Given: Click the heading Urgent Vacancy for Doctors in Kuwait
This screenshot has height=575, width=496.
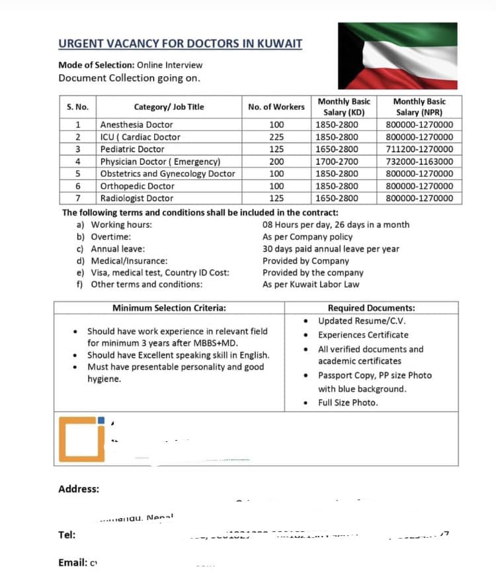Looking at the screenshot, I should click(180, 44).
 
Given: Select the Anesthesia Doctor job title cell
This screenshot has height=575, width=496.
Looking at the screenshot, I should click(136, 124).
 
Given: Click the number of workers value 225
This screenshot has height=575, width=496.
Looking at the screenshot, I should click(276, 137).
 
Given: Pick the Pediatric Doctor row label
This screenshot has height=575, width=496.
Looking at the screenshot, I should click(132, 149).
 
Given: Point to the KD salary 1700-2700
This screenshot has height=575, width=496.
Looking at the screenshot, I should click(337, 161).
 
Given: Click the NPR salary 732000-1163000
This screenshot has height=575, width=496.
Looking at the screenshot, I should click(419, 161).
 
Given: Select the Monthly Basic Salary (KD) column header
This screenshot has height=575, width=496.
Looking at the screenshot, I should click(344, 107).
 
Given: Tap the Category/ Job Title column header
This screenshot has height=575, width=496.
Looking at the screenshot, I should click(169, 107).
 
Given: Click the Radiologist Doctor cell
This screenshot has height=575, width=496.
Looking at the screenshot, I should click(136, 198).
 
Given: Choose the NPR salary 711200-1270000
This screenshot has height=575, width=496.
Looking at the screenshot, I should click(419, 149).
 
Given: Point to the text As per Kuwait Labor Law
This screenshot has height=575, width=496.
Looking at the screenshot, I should click(311, 285).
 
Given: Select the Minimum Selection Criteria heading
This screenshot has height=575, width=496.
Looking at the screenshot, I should click(169, 308).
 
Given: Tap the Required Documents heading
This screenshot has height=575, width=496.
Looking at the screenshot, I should click(371, 308).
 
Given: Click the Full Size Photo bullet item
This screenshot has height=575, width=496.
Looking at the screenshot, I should click(348, 402).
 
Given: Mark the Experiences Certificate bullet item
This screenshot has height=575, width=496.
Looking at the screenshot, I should click(363, 335).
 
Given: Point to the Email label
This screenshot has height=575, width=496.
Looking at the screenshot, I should click(73, 562).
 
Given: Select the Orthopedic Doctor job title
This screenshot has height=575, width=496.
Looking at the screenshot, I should click(138, 186).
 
